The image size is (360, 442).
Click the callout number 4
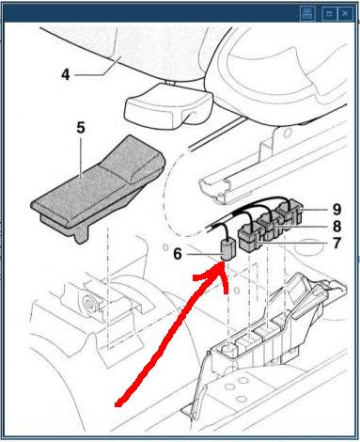[x=66, y=75]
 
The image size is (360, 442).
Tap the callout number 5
[x=81, y=128]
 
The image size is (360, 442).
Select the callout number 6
[x=178, y=254]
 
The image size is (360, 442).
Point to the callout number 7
[x=337, y=243]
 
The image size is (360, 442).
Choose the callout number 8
[x=337, y=226]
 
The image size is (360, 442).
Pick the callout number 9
[x=337, y=209]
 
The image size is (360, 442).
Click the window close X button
[x=345, y=13]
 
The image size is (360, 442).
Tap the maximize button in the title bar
[x=329, y=13]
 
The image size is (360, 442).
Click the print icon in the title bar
[x=307, y=13]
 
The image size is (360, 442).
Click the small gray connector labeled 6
[x=227, y=249]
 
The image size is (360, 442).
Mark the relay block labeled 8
[x=270, y=225]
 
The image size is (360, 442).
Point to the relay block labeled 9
[x=290, y=210]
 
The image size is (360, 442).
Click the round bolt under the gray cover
[x=90, y=304]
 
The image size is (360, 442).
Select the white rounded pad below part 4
[x=168, y=106]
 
